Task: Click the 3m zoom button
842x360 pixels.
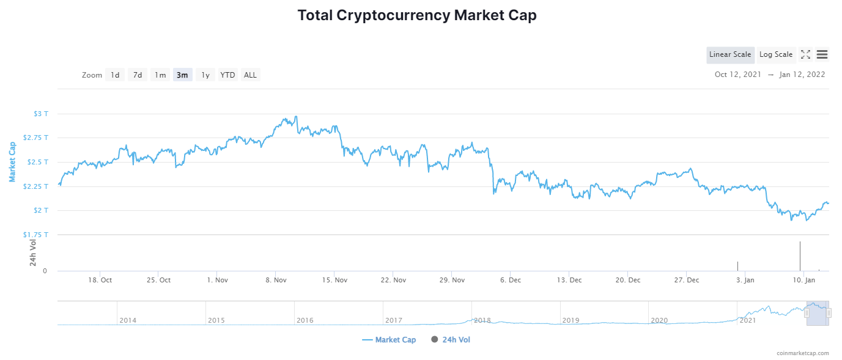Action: [183, 75]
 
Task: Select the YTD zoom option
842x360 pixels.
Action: [227, 75]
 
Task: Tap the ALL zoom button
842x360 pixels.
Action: [250, 75]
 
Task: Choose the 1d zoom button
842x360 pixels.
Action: [115, 75]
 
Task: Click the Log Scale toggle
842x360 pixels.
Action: [776, 54]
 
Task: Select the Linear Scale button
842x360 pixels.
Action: [730, 54]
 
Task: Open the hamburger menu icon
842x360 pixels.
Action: [822, 54]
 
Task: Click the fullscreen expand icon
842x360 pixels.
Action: [805, 54]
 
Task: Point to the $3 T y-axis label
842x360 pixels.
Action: [41, 114]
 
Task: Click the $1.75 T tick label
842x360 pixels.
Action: [35, 235]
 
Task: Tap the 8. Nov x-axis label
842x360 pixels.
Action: [276, 280]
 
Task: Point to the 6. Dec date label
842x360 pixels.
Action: [511, 280]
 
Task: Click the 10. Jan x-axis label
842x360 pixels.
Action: [804, 280]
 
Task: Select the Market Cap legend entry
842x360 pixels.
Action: [389, 340]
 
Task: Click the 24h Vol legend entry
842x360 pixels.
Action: [451, 340]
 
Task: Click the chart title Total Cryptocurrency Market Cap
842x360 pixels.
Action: [417, 15]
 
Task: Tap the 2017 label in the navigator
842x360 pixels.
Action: [394, 320]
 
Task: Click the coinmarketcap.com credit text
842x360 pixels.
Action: [803, 353]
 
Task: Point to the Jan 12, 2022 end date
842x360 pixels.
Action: [802, 75]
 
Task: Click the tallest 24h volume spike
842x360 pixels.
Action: [800, 256]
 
